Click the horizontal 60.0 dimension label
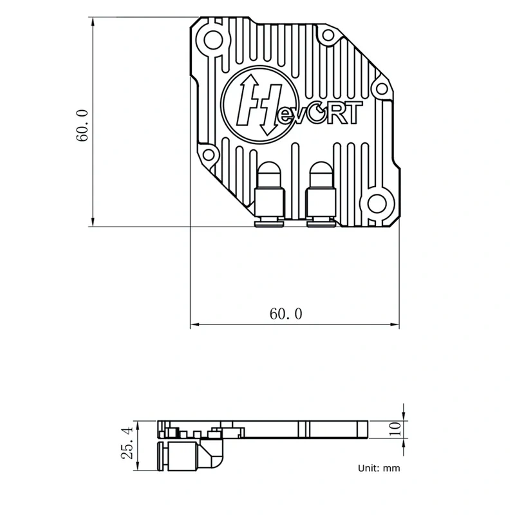click(286, 314)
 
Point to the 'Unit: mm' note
click(379, 468)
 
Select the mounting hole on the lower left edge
click(208, 153)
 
